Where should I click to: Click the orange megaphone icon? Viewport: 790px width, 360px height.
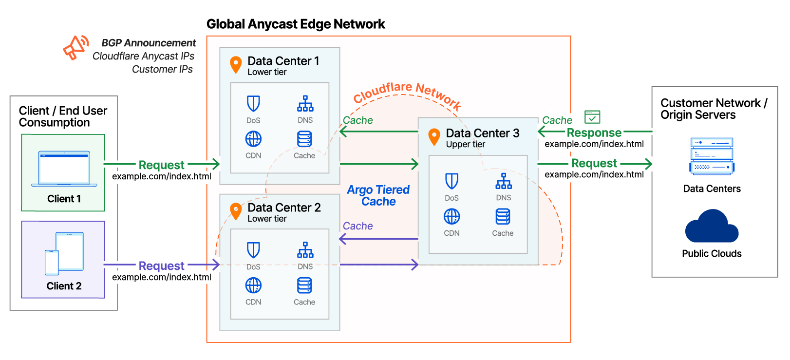point(75,47)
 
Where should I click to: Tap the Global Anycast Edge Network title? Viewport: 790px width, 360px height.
point(296,24)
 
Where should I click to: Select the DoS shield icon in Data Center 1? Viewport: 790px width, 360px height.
point(253,103)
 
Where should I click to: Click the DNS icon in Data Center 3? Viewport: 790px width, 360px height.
point(503,181)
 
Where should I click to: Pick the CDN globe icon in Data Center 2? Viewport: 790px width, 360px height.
point(253,285)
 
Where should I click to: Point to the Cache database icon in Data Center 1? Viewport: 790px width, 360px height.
point(304,139)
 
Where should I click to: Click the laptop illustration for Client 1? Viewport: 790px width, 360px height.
point(64,169)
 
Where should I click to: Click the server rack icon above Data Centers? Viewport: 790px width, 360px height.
point(712,156)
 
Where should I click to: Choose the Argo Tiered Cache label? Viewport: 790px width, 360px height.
point(378,195)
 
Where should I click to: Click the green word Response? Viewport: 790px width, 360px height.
point(594,133)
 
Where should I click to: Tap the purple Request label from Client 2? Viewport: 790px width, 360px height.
point(161,265)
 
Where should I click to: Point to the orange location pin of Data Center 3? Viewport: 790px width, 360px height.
point(434,137)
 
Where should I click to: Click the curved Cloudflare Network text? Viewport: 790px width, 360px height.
point(407,94)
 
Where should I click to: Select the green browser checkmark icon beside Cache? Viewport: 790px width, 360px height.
point(592,117)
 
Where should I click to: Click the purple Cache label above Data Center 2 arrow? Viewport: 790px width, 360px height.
point(357,226)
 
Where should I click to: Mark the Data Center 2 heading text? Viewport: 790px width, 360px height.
point(284,208)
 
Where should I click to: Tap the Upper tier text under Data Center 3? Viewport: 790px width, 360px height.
point(465,144)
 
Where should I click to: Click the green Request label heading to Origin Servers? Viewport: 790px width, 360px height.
point(594,163)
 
